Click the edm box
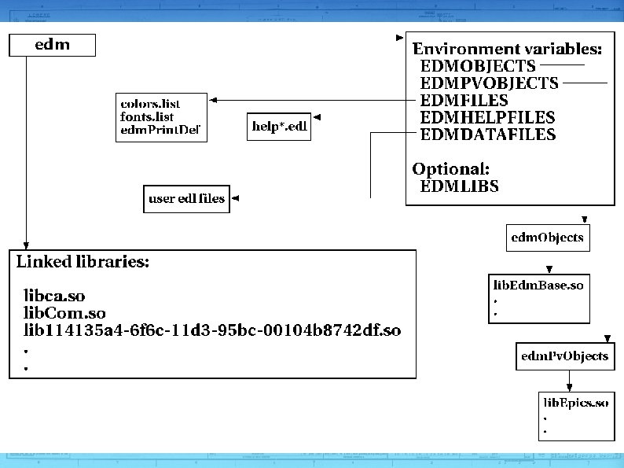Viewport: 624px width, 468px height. [x=52, y=45]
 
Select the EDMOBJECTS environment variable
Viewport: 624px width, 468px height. [x=478, y=66]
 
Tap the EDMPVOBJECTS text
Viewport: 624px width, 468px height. [x=489, y=83]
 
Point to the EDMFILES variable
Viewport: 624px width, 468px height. [x=464, y=101]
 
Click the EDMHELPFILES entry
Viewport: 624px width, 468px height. [x=487, y=117]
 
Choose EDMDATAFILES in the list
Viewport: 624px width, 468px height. [x=488, y=135]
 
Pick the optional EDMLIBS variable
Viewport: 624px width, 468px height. [x=460, y=186]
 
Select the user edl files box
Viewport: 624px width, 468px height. [x=186, y=198]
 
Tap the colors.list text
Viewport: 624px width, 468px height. [x=150, y=104]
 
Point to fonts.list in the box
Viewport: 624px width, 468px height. [x=147, y=116]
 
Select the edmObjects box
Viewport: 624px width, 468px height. [x=547, y=237]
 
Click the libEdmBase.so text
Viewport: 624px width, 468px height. [x=538, y=286]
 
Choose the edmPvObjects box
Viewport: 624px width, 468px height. [x=564, y=356]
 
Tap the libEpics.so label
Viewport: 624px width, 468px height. [x=575, y=404]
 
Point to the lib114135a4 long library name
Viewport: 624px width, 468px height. [x=212, y=330]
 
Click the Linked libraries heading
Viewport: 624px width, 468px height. [x=83, y=263]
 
